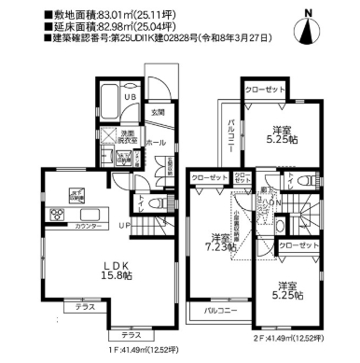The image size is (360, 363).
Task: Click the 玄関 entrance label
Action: tap(159, 113)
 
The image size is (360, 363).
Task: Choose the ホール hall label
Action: tap(156, 143)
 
